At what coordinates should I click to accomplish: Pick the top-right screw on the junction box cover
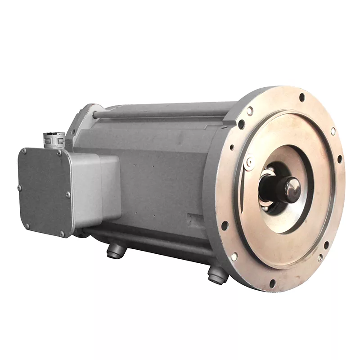pos(59,153)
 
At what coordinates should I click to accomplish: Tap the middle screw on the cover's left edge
pos(19,188)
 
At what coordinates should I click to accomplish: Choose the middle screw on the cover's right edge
pos(68,194)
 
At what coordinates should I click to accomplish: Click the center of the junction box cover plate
pos(44,191)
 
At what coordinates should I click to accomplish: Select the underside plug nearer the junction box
pos(114,252)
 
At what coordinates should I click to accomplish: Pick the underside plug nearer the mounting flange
pos(217,275)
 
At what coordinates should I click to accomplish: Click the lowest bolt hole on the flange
pos(272,283)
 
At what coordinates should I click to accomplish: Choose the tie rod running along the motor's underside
pos(148,238)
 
